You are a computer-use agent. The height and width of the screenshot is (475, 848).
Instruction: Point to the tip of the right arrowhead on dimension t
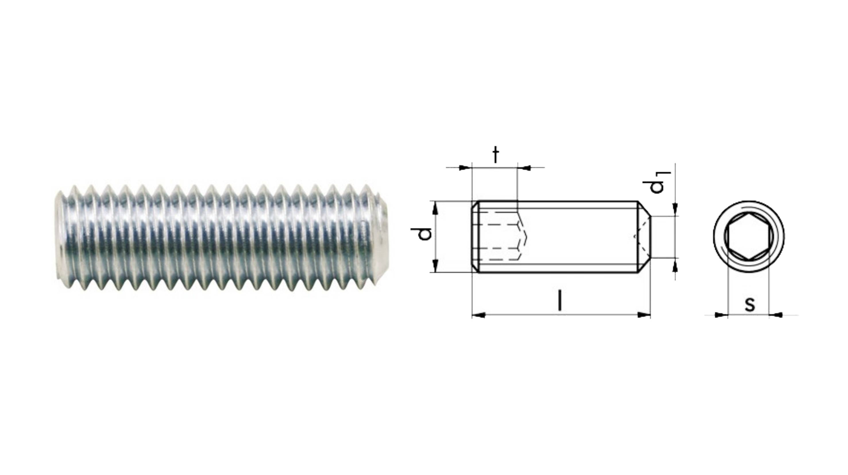(x=517, y=168)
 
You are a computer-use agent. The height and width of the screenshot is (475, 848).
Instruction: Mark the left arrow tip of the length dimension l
(x=472, y=315)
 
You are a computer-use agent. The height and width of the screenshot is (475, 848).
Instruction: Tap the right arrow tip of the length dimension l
(x=650, y=315)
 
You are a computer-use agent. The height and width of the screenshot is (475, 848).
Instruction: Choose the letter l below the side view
(x=560, y=300)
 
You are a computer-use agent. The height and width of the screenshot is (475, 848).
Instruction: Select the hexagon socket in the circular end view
(x=749, y=237)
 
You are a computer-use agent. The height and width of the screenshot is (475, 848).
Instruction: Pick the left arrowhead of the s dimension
(x=721, y=315)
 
